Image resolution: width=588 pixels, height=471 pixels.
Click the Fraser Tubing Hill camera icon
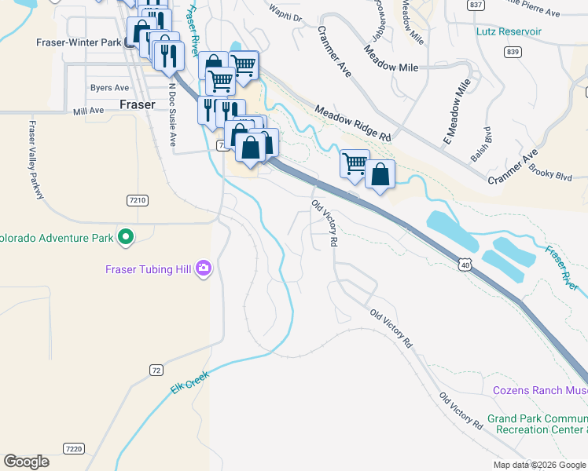(204, 269)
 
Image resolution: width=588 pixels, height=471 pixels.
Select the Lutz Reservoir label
(509, 31)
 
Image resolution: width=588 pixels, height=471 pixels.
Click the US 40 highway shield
(466, 267)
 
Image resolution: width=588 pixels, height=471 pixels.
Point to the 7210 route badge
(137, 200)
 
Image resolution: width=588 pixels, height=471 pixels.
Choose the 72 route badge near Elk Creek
(156, 370)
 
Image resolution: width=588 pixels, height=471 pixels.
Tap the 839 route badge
(513, 52)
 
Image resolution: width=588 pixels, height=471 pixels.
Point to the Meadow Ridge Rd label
(353, 123)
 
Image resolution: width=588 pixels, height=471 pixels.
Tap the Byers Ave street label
(109, 88)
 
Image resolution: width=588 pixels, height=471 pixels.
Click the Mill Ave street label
(88, 111)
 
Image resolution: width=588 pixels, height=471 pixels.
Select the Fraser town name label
(137, 104)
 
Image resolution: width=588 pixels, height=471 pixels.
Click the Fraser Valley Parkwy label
(35, 160)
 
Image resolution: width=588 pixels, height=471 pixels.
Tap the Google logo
(27, 462)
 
